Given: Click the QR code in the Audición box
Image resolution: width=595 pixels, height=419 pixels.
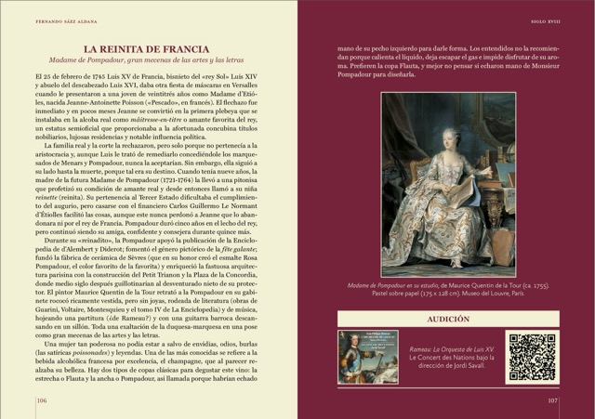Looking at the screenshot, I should tap(531, 358).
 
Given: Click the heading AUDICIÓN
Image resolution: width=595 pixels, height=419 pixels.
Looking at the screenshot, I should tap(447, 319).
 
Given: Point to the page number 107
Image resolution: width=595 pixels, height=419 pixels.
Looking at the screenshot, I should tap(552, 400).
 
